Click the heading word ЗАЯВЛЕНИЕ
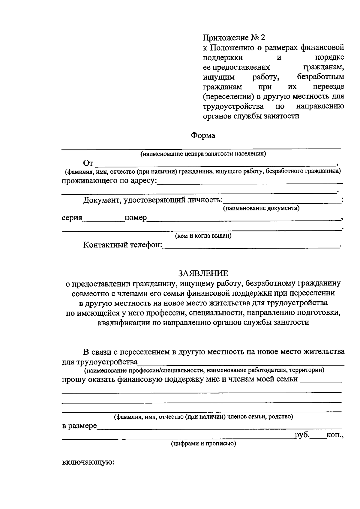point(203,273)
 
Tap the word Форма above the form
point(203,136)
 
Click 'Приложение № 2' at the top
point(234,38)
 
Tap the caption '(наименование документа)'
point(261,208)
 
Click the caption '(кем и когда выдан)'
point(203,236)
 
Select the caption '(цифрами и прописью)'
point(203,443)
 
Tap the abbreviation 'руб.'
point(302,435)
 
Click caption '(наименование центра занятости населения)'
point(203,154)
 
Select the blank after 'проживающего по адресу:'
point(250,182)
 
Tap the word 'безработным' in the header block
point(320,77)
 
